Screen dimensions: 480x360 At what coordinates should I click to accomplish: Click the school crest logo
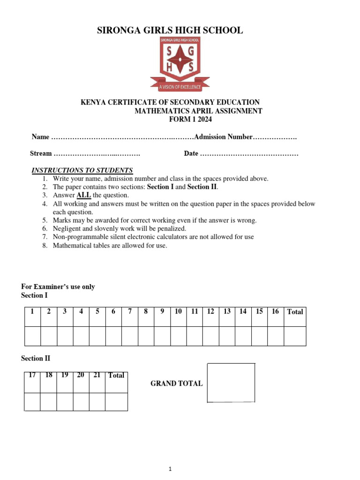tap(180, 64)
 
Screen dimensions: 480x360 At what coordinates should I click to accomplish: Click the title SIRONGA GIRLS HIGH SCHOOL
tap(170, 30)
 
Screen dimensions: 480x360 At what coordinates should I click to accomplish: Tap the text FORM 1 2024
tap(190, 120)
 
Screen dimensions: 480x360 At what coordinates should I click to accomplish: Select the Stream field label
tap(41, 153)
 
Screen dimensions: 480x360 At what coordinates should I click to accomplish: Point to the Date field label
tap(191, 153)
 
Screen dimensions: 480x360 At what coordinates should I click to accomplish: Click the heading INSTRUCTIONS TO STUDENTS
tap(82, 170)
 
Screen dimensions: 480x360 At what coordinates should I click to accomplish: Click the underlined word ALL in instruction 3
tap(83, 195)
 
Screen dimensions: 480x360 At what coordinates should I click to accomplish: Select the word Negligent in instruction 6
tap(67, 229)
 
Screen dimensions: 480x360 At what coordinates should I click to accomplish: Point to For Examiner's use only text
tap(58, 286)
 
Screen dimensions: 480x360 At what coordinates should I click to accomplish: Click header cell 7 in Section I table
tap(129, 311)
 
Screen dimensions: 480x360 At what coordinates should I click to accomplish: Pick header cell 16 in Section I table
tap(275, 311)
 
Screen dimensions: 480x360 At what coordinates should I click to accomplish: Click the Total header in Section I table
tap(295, 312)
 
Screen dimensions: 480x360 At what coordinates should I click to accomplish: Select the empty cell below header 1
tap(32, 336)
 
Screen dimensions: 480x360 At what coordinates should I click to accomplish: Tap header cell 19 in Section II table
tap(65, 375)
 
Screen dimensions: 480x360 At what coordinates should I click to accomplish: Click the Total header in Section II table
tap(116, 375)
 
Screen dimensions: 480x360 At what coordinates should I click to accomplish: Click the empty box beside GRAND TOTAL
tap(231, 382)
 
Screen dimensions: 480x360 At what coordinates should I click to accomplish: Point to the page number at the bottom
tap(171, 469)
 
